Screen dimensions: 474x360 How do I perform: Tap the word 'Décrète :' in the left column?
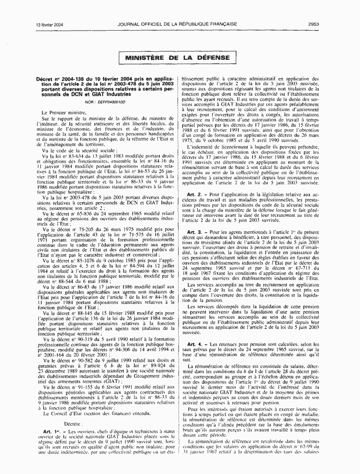(74, 424)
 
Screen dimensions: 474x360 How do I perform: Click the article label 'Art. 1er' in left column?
(52, 433)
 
